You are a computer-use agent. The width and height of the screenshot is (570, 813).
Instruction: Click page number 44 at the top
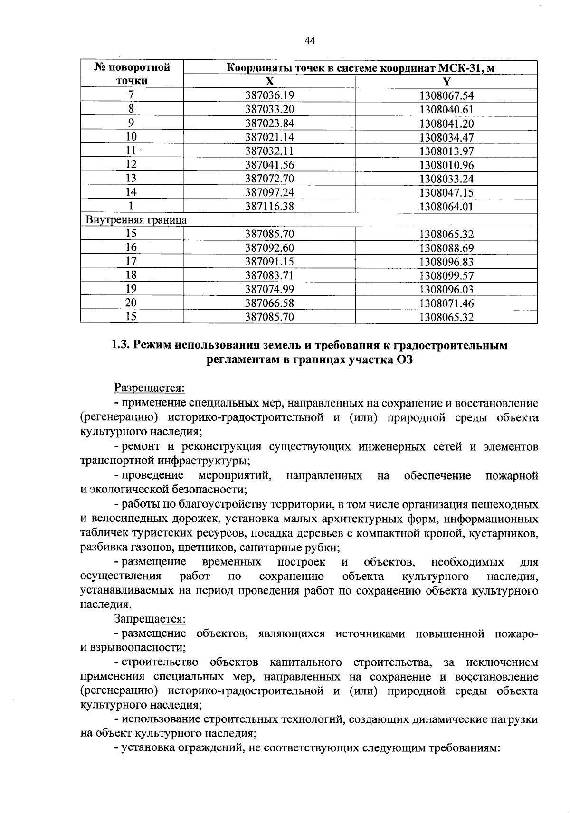coord(309,41)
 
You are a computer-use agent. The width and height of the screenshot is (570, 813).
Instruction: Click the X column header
coord(269,81)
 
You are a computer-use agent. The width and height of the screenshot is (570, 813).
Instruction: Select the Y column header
coord(446,81)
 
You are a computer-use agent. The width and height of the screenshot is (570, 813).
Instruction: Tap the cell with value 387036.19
coord(269,96)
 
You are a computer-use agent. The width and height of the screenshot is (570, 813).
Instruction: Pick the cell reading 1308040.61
coord(446,110)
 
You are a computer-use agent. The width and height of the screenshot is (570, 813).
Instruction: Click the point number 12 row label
coord(131,164)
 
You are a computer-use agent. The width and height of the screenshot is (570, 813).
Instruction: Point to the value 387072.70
coord(269,179)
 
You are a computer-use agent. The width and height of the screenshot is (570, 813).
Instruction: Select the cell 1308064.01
coord(446,207)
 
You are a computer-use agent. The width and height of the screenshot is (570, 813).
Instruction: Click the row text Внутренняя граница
coord(136,220)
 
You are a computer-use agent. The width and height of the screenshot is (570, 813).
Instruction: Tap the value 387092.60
coord(269,248)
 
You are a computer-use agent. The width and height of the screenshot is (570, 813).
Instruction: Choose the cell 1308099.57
coord(446,275)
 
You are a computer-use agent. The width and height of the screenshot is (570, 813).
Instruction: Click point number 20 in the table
coord(131,303)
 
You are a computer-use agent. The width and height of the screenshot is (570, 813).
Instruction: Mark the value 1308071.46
coord(446,303)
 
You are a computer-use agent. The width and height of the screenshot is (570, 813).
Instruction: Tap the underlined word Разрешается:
coord(149,388)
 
